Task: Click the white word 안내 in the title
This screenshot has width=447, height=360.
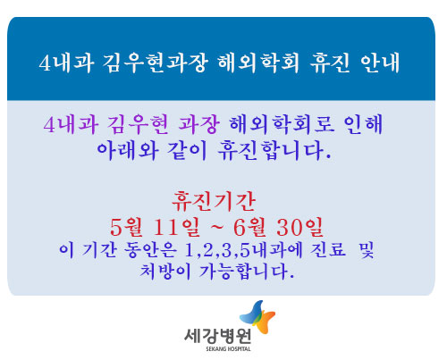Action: pyautogui.click(x=380, y=63)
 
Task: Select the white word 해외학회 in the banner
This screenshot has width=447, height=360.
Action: pyautogui.click(x=258, y=63)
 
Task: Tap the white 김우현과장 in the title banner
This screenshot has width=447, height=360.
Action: pyautogui.click(x=155, y=63)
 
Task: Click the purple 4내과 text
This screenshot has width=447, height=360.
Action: pyautogui.click(x=71, y=124)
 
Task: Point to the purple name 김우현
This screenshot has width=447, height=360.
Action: pyautogui.click(x=138, y=124)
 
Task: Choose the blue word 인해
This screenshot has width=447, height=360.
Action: pyautogui.click(x=363, y=124)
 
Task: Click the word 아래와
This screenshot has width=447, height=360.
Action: pyautogui.click(x=128, y=150)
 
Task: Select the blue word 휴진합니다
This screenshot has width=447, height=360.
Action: pyautogui.click(x=274, y=150)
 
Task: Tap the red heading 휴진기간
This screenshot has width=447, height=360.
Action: pyautogui.click(x=214, y=202)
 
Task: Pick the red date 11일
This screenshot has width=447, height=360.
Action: pyautogui.click(x=176, y=227)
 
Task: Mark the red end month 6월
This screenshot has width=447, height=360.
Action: pyautogui.click(x=249, y=227)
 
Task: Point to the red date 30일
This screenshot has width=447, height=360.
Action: pyautogui.click(x=299, y=227)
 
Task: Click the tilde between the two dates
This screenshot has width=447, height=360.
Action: pyautogui.click(x=216, y=228)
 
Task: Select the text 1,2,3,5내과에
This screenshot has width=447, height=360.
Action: pyautogui.click(x=243, y=250)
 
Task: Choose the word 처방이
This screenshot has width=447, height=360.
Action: pyautogui.click(x=165, y=272)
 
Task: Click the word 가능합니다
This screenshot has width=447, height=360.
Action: pyautogui.click(x=247, y=272)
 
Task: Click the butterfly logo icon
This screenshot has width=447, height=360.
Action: pyautogui.click(x=257, y=317)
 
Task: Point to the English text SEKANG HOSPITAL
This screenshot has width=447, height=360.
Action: pyautogui.click(x=228, y=348)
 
